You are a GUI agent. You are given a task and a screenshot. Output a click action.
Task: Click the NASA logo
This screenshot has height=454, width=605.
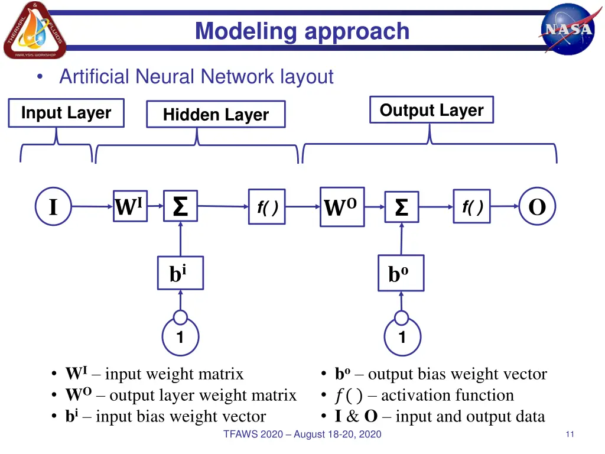click(x=567, y=30)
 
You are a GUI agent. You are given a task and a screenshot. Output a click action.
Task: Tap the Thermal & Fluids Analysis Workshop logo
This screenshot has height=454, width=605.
click(x=35, y=30)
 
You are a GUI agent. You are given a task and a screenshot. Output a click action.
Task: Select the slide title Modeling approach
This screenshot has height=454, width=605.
click(x=302, y=31)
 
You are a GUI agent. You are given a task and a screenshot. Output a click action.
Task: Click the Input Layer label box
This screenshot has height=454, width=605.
click(x=66, y=113)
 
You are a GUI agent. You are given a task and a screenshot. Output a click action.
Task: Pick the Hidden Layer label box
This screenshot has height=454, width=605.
click(x=216, y=115)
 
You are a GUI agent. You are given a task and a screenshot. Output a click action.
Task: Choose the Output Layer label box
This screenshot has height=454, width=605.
click(x=431, y=110)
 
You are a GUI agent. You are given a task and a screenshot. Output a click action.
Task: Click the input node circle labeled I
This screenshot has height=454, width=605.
click(x=53, y=207)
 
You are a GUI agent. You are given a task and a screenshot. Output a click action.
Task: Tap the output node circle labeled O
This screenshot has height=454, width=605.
click(x=537, y=207)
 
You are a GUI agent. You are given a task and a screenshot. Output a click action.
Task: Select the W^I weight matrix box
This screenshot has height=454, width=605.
click(x=129, y=206)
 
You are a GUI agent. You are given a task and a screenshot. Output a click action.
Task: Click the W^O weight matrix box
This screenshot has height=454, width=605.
click(x=341, y=207)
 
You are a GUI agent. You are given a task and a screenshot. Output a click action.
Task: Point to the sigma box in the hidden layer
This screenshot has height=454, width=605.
click(x=180, y=206)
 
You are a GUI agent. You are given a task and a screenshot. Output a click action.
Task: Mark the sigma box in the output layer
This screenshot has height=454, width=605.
click(x=401, y=207)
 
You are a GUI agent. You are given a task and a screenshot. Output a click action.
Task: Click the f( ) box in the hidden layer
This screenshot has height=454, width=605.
click(x=267, y=207)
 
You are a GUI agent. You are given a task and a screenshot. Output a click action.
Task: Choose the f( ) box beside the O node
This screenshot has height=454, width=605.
click(x=471, y=206)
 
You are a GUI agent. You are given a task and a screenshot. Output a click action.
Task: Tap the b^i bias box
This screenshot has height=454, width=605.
click(x=180, y=273)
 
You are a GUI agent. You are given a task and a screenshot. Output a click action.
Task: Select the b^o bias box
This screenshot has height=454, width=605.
click(x=401, y=274)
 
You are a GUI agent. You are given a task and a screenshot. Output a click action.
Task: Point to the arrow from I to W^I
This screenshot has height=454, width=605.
click(x=92, y=207)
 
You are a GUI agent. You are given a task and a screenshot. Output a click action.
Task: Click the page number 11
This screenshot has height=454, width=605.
click(x=570, y=434)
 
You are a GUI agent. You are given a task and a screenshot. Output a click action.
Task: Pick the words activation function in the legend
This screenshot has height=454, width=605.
click(x=447, y=395)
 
